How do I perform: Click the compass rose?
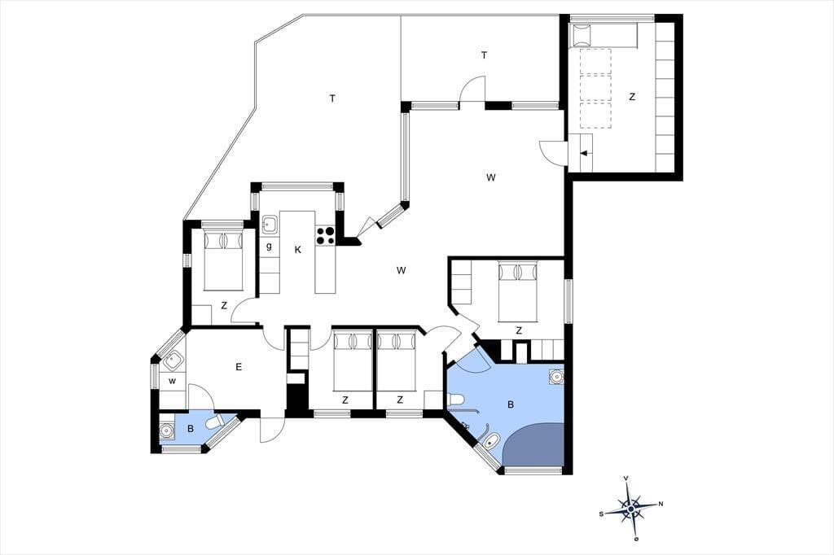(x=631, y=509)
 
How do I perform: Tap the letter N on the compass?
(x=661, y=504)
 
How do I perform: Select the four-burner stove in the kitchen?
(x=326, y=235)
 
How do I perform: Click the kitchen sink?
(x=270, y=225)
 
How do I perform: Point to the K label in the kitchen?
(x=298, y=250)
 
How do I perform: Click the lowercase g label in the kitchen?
(x=269, y=246)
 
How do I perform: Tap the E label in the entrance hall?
(x=239, y=367)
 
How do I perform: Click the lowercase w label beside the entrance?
(x=172, y=381)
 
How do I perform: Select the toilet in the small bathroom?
(x=219, y=422)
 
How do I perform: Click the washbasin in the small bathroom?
(x=168, y=429)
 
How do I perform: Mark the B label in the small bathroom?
(x=191, y=429)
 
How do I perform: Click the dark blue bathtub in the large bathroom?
(x=533, y=444)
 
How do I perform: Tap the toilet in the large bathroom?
(x=457, y=400)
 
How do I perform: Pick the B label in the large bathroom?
(x=511, y=404)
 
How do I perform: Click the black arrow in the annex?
(x=584, y=154)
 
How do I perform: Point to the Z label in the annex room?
(x=632, y=97)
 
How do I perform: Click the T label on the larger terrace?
(x=332, y=98)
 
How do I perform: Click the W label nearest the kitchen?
(x=402, y=270)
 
